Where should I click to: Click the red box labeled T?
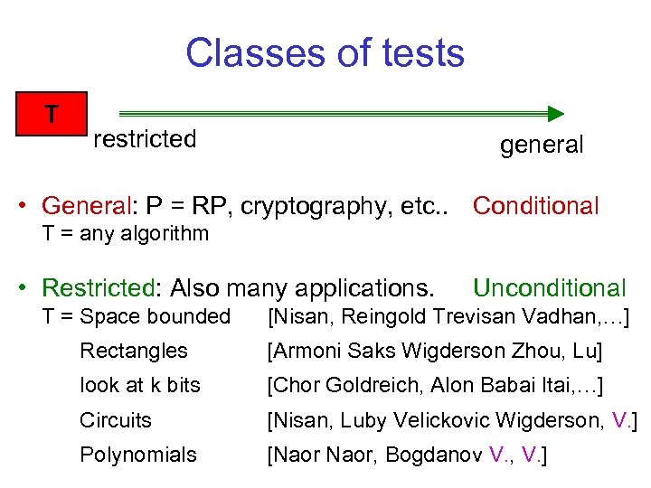click(52, 114)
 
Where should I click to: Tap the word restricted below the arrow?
click(145, 139)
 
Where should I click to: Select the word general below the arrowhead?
click(542, 145)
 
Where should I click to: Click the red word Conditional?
click(535, 206)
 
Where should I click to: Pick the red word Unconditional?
click(549, 288)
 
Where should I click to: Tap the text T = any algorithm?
click(126, 234)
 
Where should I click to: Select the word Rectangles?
click(134, 351)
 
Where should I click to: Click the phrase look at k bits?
click(140, 385)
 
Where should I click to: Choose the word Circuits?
click(116, 420)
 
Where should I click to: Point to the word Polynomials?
click(137, 455)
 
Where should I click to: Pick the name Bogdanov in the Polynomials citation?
click(431, 455)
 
